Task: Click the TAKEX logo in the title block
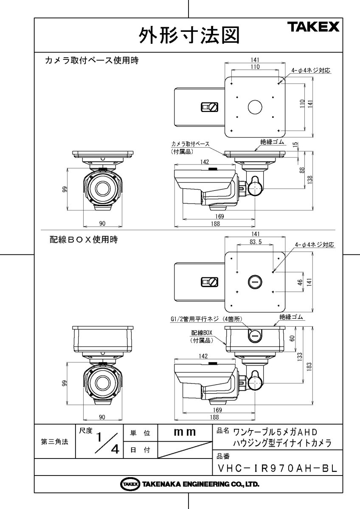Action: [315, 27]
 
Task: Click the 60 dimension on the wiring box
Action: [292, 338]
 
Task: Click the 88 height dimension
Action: [302, 170]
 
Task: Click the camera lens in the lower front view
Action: [103, 381]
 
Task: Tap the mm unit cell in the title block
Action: [185, 433]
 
